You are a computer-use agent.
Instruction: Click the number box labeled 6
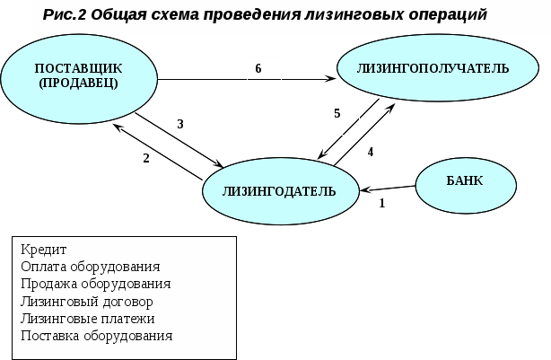(263, 73)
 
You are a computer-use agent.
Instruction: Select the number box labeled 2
(151, 162)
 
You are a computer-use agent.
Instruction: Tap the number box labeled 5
(342, 117)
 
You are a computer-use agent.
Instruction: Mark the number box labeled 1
(387, 206)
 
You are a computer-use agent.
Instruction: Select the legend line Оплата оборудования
(90, 267)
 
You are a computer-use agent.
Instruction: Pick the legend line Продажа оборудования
(95, 284)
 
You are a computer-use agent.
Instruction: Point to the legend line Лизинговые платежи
(87, 318)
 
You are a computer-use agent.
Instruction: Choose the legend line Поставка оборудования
(95, 335)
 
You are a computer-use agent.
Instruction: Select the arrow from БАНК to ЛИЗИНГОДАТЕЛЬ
(388, 189)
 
